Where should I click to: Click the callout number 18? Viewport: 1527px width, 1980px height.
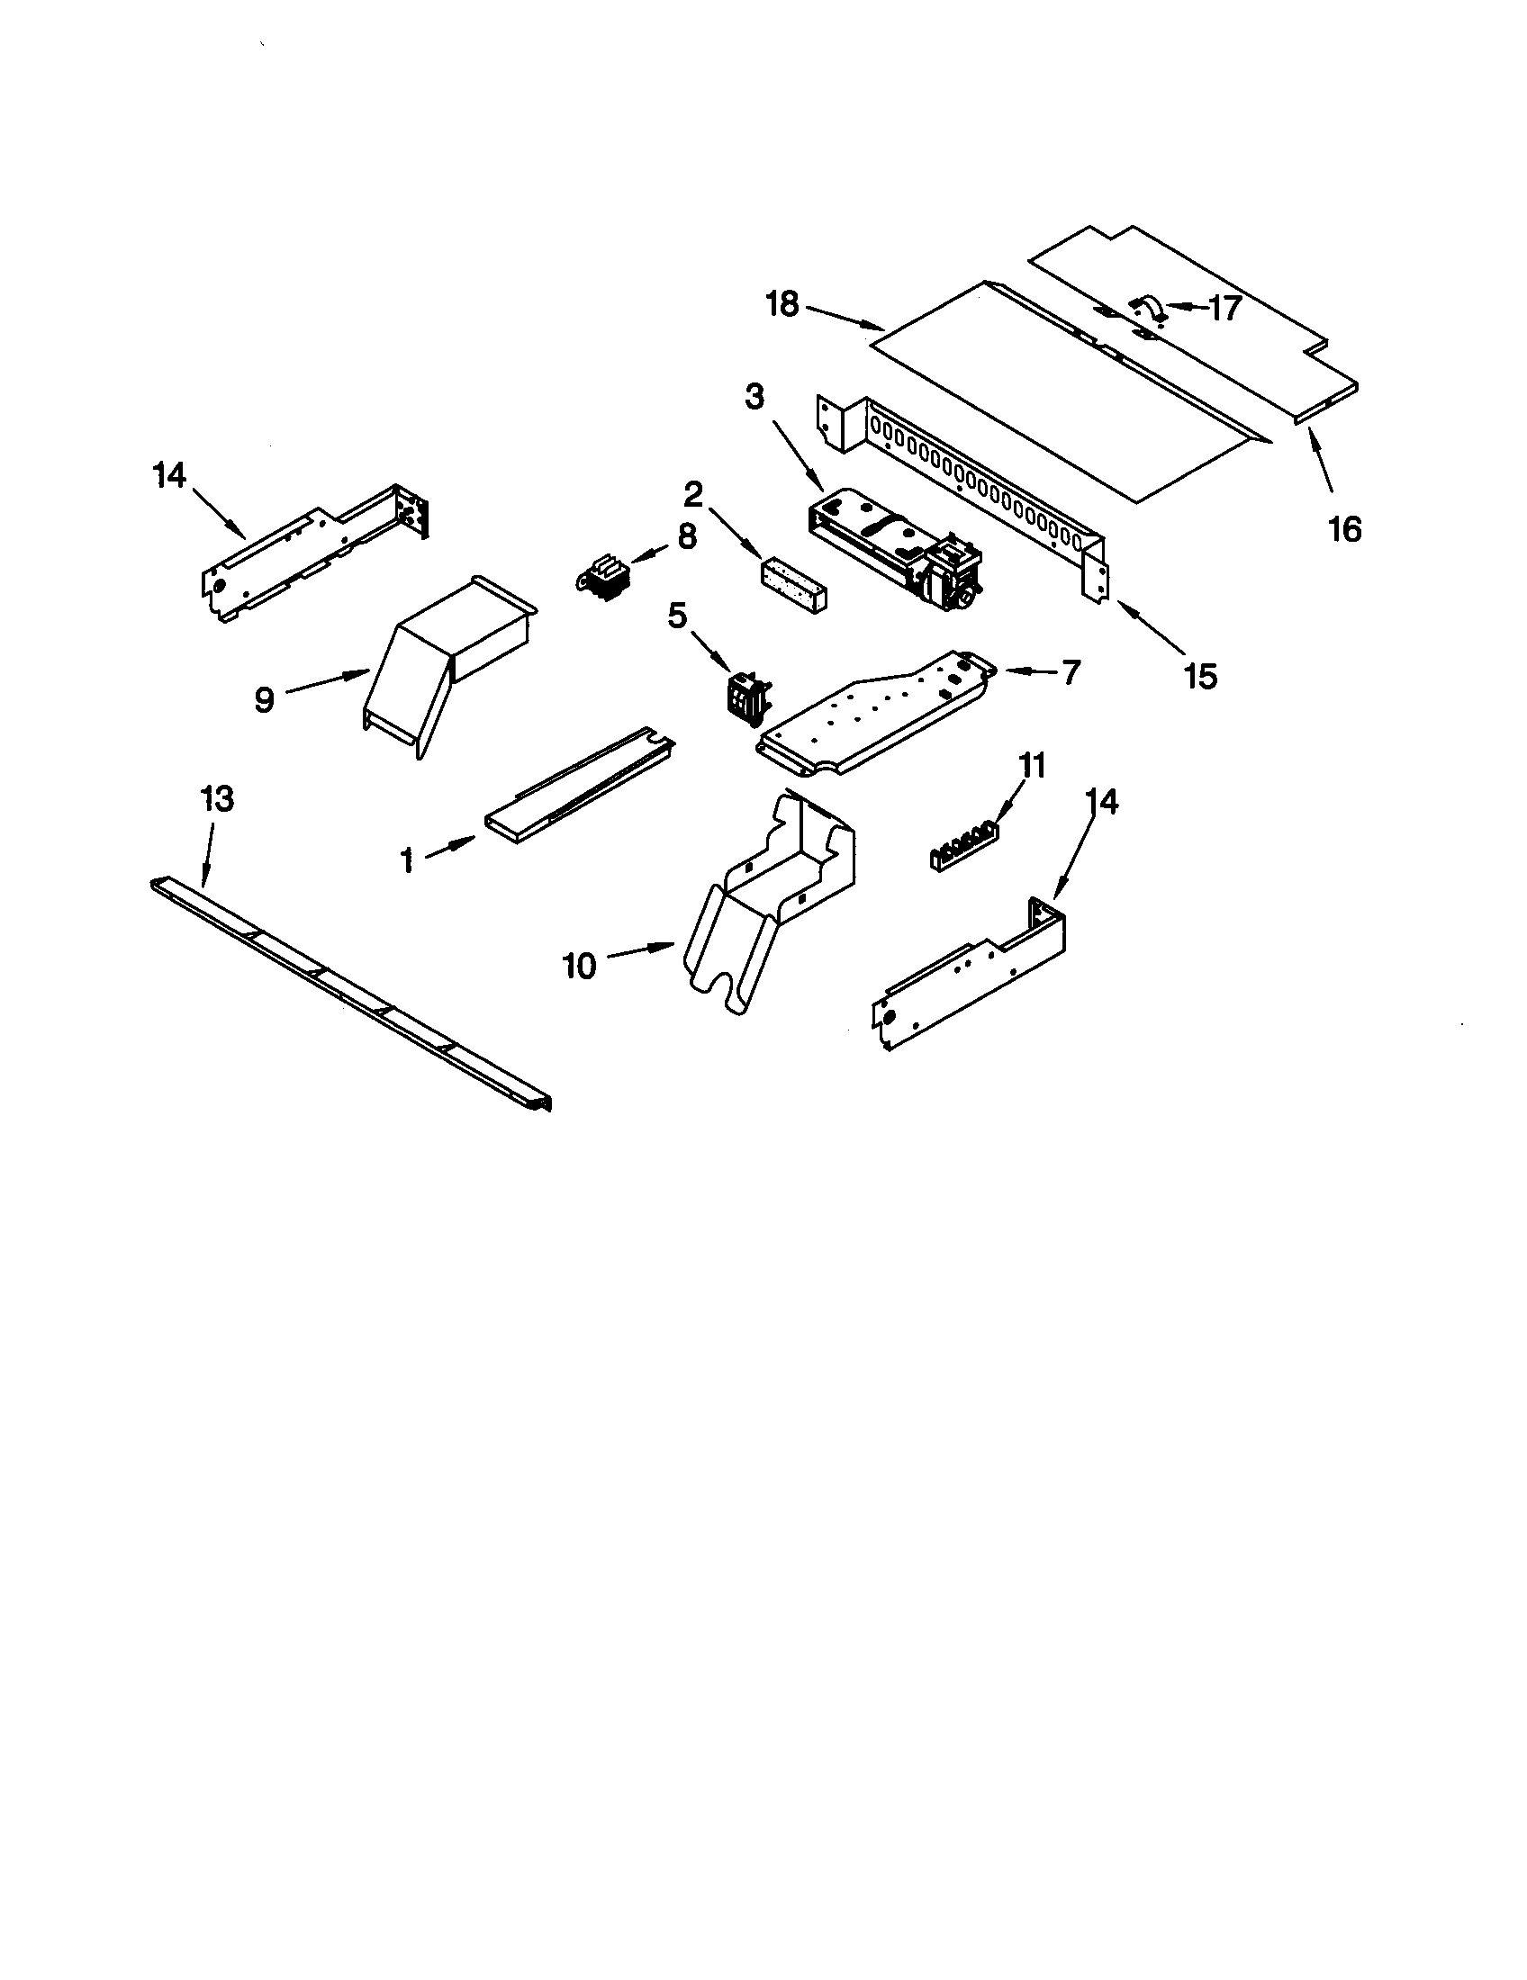tap(782, 304)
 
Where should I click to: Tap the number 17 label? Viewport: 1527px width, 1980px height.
tap(1224, 308)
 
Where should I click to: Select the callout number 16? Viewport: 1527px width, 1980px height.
tap(1345, 528)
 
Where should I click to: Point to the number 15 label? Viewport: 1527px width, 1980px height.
tap(1200, 674)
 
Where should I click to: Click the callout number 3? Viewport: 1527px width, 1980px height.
tap(754, 397)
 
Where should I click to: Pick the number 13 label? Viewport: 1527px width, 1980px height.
tap(217, 799)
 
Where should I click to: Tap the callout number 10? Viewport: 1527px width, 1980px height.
tap(580, 966)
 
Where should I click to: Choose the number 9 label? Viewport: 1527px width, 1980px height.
tap(264, 700)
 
